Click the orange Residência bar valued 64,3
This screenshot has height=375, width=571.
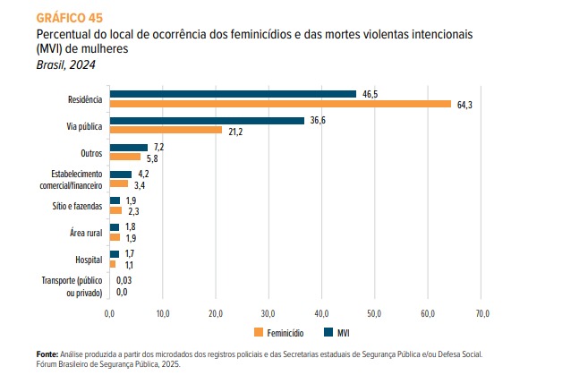click(x=280, y=104)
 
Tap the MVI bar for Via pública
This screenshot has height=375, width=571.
click(x=207, y=120)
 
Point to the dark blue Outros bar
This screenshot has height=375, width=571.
click(x=128, y=147)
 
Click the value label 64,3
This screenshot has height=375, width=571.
click(x=464, y=105)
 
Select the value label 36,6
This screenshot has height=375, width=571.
click(x=317, y=120)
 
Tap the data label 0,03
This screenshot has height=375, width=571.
click(x=124, y=280)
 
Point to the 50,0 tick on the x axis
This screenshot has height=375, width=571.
click(x=376, y=314)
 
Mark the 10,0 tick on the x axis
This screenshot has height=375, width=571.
click(x=163, y=314)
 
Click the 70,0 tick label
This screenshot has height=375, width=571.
click(x=482, y=314)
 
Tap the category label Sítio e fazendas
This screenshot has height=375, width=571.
click(x=77, y=206)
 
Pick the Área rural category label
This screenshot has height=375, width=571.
click(x=86, y=233)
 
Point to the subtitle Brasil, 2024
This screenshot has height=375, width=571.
click(x=66, y=64)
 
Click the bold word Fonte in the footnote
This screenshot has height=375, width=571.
click(x=47, y=354)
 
